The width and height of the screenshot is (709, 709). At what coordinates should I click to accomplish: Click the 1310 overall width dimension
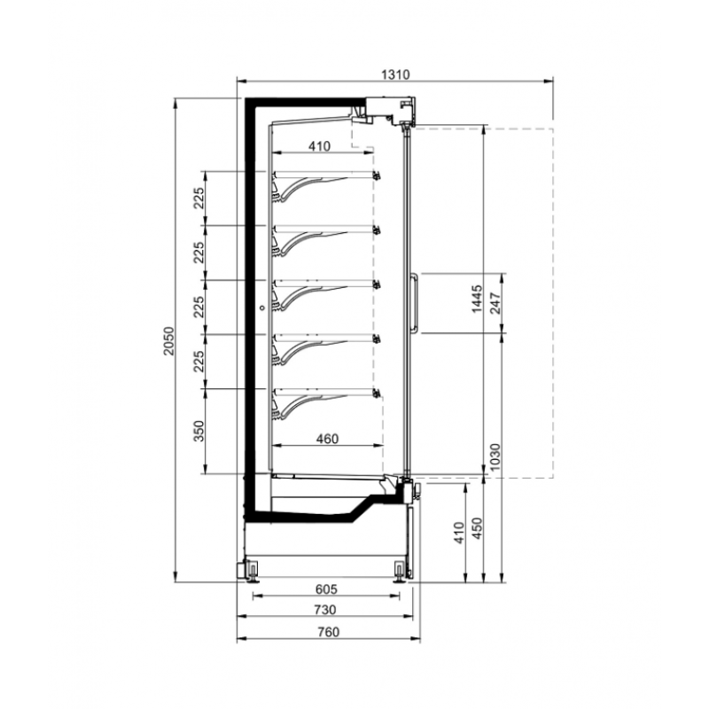pyautogui.click(x=395, y=74)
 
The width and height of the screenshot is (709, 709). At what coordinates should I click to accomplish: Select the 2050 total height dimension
pyautogui.click(x=168, y=340)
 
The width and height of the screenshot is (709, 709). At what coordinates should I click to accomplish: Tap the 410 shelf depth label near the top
pyautogui.click(x=320, y=146)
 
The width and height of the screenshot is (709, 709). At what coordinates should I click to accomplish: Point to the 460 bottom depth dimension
pyautogui.click(x=327, y=439)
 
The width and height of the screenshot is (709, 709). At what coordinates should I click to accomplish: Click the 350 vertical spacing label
pyautogui.click(x=199, y=431)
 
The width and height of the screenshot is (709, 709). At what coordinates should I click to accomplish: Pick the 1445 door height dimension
pyautogui.click(x=477, y=299)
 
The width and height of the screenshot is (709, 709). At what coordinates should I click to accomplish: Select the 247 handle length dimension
pyautogui.click(x=495, y=303)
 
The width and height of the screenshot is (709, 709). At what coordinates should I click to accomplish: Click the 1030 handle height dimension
pyautogui.click(x=495, y=456)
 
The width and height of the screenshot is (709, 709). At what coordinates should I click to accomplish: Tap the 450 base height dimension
pyautogui.click(x=477, y=528)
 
